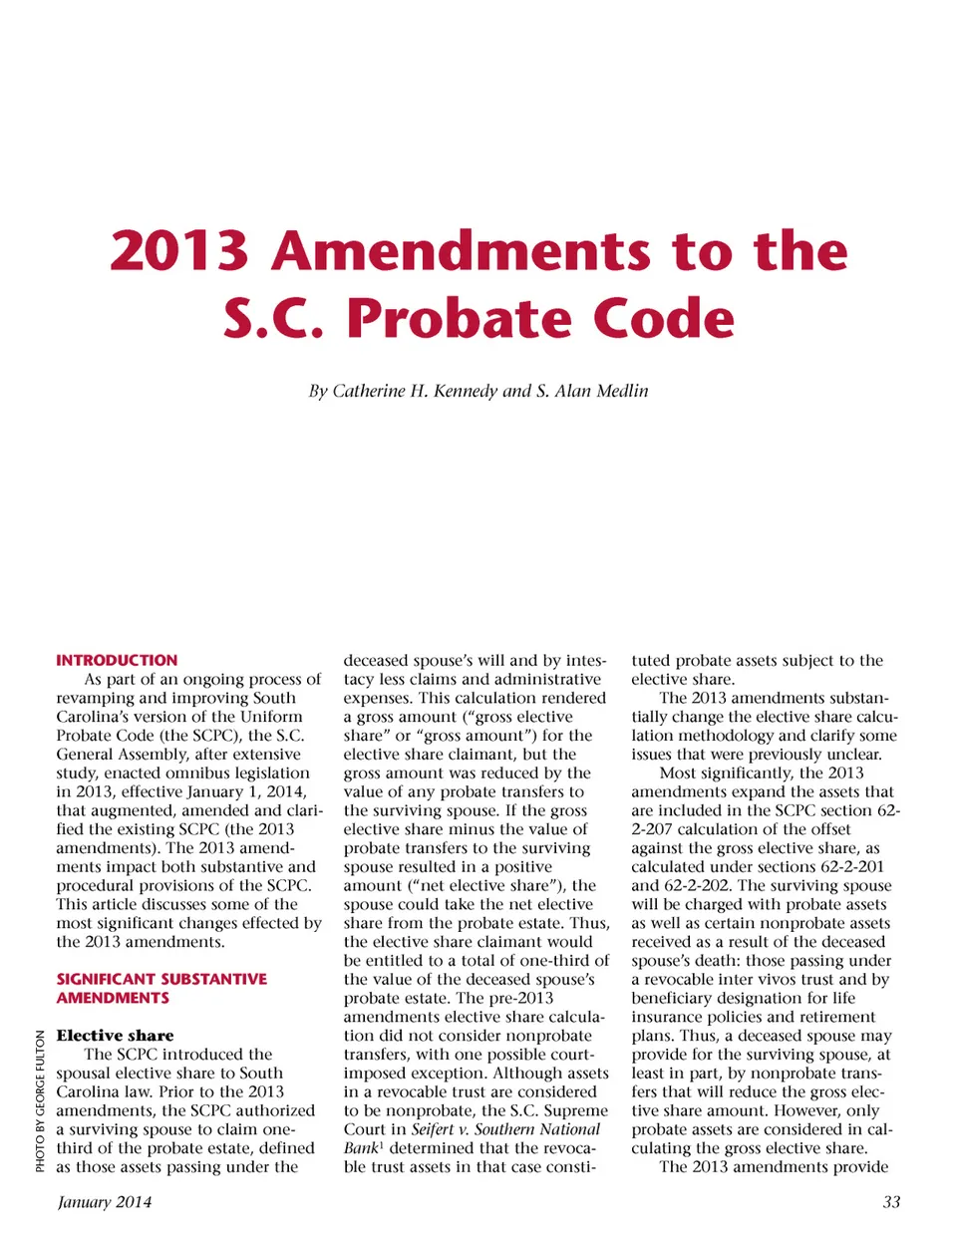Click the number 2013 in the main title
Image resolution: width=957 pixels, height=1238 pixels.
179,250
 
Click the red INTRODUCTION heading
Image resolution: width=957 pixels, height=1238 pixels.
117,660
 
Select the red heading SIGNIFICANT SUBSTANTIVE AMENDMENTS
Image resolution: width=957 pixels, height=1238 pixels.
161,988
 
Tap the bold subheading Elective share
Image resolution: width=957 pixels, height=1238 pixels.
115,1036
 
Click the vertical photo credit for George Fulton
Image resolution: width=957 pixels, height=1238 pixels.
40,1100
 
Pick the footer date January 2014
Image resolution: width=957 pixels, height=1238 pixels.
105,1202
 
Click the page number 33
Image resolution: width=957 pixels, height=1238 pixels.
891,1202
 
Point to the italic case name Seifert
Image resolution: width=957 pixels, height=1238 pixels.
433,1129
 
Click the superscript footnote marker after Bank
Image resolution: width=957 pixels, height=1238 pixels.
381,1144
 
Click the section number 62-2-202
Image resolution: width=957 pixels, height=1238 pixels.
702,885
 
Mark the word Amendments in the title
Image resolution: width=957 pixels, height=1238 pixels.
462,250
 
